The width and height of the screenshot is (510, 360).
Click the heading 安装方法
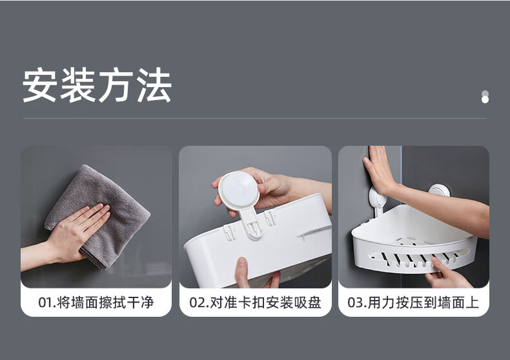pos(97,85)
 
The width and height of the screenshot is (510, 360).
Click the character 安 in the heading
pos(39,85)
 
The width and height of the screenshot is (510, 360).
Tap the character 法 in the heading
pos(154,85)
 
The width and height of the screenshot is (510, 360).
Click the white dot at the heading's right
pos(485,99)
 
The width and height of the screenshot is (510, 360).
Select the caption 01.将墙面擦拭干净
pos(96,303)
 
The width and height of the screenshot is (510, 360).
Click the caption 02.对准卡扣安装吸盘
pos(256,303)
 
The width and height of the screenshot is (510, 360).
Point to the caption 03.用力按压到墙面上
pos(413,303)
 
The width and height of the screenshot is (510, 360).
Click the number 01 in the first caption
pos(45,303)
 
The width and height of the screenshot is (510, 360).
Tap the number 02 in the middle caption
pos(196,303)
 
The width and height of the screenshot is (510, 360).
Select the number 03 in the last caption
pos(355,303)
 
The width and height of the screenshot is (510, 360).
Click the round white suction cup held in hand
pos(239,190)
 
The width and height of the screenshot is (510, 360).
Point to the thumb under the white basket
pos(241,272)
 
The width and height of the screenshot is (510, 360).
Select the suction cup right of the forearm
pos(439,190)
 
